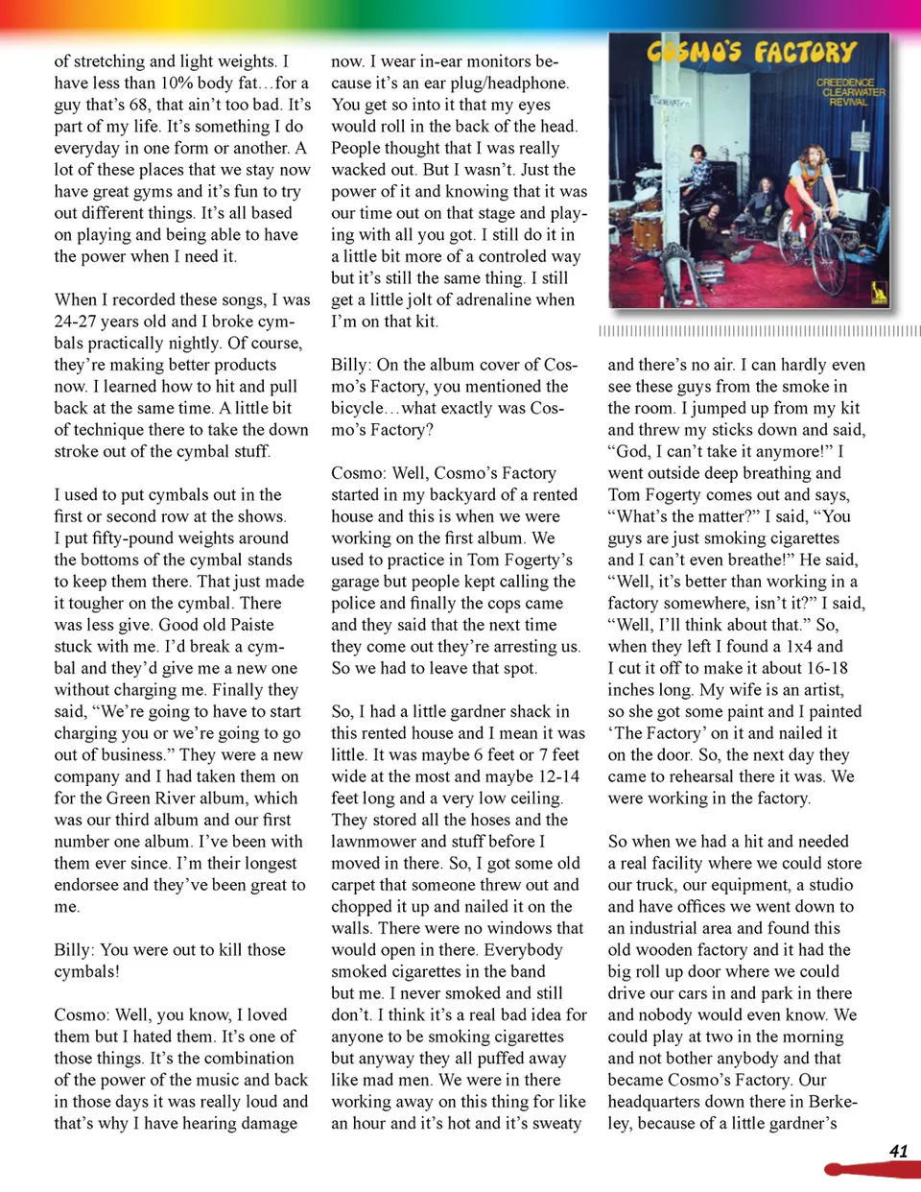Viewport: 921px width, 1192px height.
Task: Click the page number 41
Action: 898,1151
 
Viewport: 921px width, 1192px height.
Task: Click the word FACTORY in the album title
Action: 804,53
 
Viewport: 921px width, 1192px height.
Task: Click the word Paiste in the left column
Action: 251,625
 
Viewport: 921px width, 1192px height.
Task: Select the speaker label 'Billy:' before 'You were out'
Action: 74,950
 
